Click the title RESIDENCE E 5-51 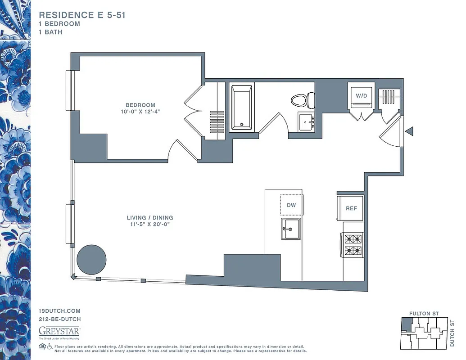point(82,15)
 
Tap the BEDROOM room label point(140,105)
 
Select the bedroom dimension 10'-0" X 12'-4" point(140,112)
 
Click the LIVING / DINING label point(150,218)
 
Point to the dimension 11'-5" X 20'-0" point(150,224)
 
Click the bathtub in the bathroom point(242,107)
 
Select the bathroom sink point(306,121)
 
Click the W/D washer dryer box point(361,96)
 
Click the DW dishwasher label point(291,205)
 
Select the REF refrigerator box point(351,208)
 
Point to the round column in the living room point(91,260)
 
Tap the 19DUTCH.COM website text point(59,311)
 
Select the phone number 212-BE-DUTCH point(60,319)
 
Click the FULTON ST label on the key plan point(424,313)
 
